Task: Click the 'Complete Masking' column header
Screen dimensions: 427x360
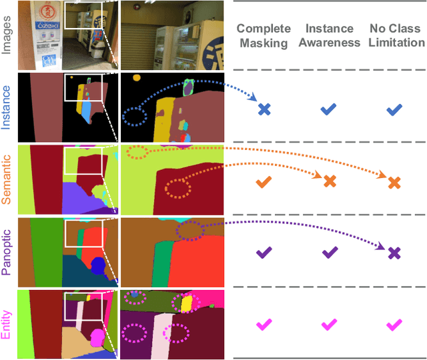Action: click(264, 36)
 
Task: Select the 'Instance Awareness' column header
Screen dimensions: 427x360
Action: click(329, 36)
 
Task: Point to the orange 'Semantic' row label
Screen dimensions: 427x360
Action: click(7, 179)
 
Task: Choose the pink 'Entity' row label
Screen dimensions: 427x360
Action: click(7, 325)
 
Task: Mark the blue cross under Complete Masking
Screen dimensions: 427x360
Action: click(264, 109)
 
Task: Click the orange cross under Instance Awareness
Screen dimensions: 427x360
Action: click(329, 181)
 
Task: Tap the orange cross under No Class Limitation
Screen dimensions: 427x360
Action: click(394, 181)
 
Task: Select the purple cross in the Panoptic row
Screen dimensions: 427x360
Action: click(394, 253)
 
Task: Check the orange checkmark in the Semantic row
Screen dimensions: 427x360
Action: click(264, 181)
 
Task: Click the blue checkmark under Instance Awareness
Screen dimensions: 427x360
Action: click(329, 109)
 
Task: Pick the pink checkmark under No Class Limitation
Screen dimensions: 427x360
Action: click(394, 325)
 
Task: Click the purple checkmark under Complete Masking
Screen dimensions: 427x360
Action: click(264, 253)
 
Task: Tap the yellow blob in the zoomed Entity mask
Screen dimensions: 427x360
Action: click(187, 304)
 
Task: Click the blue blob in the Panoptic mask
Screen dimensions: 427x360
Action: click(99, 267)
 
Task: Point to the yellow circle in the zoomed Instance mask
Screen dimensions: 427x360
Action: click(136, 78)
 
